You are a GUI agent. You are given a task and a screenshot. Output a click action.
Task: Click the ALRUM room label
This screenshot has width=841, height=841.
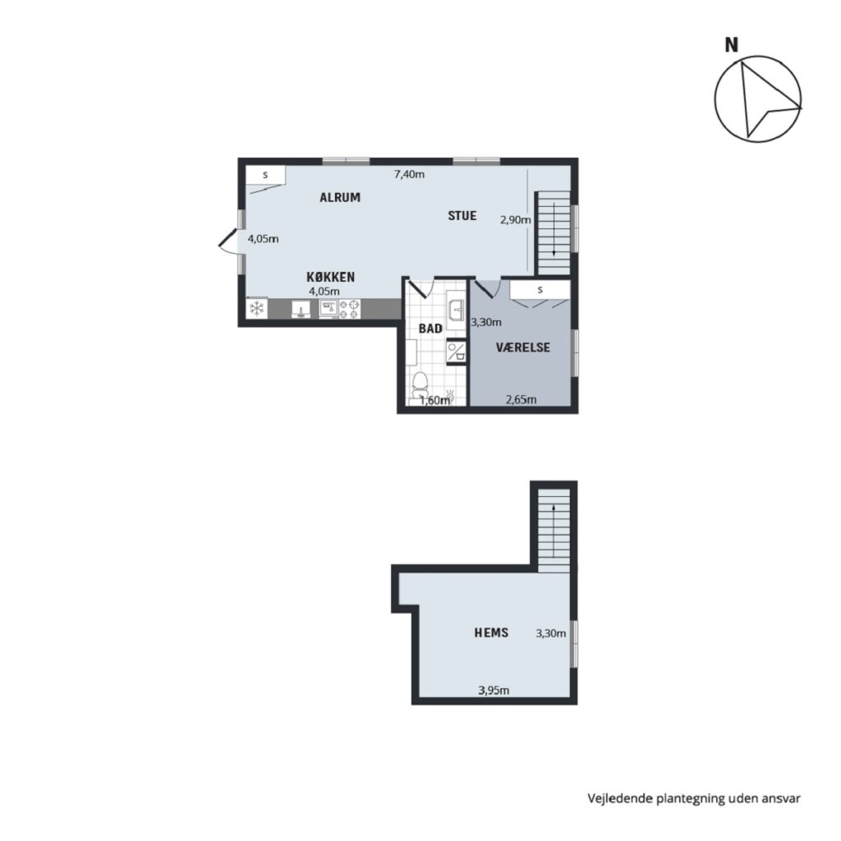click(340, 197)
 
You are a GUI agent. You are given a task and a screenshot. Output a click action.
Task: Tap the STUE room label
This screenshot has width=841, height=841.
click(462, 216)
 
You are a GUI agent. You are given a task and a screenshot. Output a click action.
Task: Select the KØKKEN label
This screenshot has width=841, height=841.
click(331, 277)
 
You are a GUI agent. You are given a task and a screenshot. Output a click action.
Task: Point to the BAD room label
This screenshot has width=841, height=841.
click(430, 329)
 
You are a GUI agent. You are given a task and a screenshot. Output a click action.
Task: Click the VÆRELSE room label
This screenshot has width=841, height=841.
click(523, 347)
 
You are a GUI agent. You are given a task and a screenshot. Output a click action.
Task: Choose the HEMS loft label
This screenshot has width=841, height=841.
click(491, 633)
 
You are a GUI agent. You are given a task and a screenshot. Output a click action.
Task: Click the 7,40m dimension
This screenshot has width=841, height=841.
click(409, 174)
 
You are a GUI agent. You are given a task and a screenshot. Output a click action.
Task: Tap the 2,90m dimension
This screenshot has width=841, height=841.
click(516, 220)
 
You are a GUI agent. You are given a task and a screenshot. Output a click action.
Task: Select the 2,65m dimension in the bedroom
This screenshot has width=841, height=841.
click(522, 400)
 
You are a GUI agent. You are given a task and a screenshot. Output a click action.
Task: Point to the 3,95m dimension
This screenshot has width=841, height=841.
click(494, 690)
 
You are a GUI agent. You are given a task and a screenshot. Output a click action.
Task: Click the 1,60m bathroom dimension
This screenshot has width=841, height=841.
click(434, 400)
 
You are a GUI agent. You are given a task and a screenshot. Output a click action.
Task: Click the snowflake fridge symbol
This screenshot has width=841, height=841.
click(257, 309)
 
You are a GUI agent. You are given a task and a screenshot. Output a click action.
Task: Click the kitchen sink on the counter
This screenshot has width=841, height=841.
click(301, 309)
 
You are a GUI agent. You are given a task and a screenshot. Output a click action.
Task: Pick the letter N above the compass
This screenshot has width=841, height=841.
click(732, 45)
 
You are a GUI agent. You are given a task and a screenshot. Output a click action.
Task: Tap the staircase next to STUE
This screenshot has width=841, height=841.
click(554, 232)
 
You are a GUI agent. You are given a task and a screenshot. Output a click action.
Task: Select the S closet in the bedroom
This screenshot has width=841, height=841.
click(540, 290)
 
